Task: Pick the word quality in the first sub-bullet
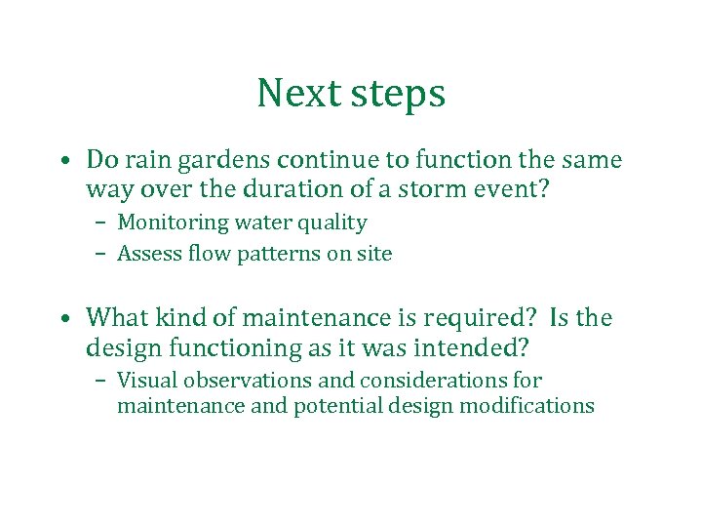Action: click(x=333, y=223)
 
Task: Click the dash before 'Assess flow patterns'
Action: click(x=101, y=255)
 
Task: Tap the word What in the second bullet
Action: click(x=114, y=317)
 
